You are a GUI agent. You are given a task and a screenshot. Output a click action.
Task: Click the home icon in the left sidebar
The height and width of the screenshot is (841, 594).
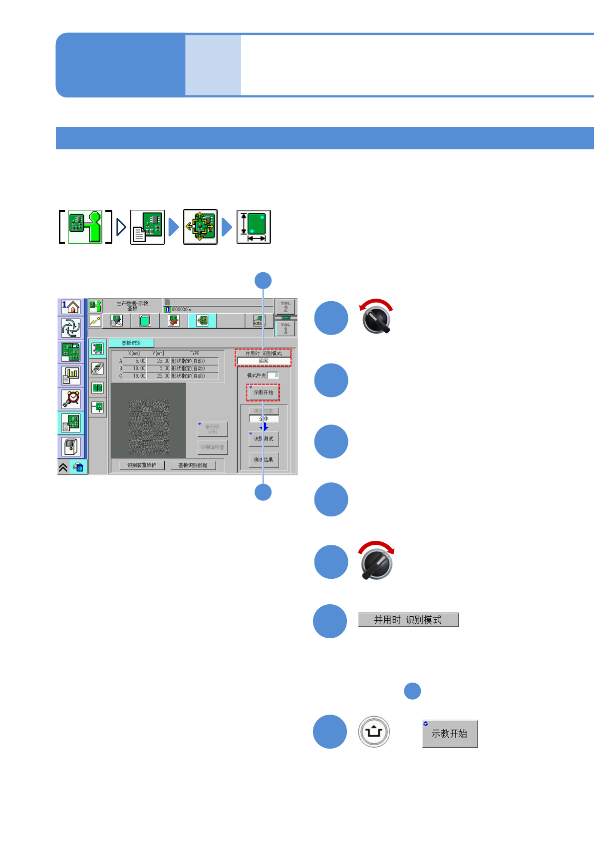(71, 307)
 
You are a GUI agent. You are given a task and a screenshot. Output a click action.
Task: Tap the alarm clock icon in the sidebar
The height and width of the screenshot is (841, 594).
(71, 399)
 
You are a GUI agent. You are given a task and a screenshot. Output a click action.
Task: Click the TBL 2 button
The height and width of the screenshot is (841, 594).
(286, 307)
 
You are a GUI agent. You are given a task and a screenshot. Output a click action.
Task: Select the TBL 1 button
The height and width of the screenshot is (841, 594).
(286, 329)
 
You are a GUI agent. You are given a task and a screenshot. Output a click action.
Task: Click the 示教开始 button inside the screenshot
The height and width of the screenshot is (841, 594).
(263, 393)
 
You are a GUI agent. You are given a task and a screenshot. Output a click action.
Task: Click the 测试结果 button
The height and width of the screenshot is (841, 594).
(264, 460)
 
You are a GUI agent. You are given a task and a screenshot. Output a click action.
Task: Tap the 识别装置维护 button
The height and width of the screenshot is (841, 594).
(142, 465)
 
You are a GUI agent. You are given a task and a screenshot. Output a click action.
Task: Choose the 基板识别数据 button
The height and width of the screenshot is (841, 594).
(193, 465)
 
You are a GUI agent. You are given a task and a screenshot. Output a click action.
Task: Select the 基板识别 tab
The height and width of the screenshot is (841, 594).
(131, 343)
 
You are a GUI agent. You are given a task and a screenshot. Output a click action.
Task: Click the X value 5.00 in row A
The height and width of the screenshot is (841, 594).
(135, 361)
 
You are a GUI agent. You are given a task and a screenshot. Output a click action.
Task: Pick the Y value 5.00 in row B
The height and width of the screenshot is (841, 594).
(159, 369)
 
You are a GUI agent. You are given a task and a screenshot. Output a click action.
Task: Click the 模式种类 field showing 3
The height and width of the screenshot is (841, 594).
(274, 376)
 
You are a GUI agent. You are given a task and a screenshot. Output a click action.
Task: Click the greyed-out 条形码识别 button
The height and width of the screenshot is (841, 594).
(213, 429)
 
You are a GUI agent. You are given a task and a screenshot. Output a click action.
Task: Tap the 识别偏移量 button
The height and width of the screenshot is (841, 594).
(213, 447)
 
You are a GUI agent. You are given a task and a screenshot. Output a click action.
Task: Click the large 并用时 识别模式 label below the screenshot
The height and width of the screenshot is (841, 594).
(408, 620)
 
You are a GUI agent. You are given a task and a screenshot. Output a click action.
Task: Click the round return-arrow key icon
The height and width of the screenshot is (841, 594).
(374, 732)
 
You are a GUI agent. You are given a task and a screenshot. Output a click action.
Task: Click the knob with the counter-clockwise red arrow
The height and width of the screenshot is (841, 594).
(377, 319)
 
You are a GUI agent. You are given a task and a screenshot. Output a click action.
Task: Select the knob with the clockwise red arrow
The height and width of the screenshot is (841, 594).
(377, 562)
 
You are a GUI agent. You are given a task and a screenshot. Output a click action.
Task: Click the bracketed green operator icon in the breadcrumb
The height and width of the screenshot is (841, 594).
(85, 227)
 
